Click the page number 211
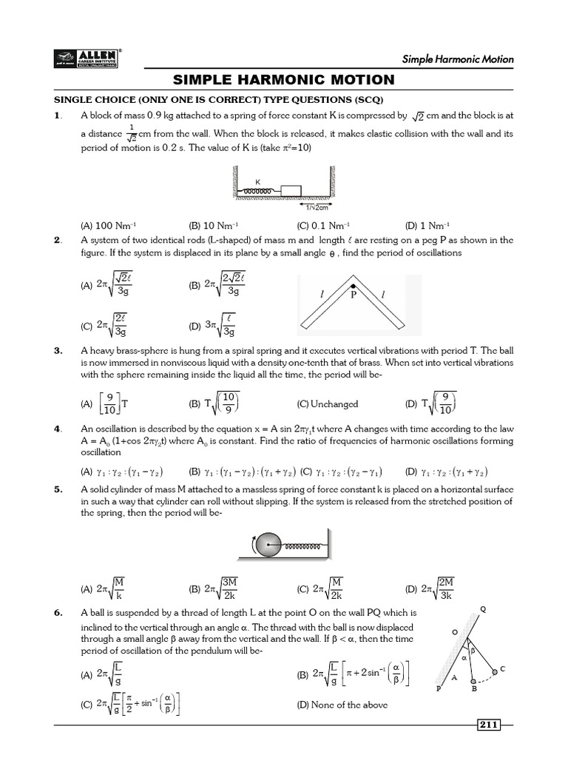click(x=489, y=724)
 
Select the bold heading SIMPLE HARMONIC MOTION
click(x=284, y=80)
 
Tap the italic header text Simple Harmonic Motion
click(x=458, y=59)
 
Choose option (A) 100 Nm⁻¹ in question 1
click(x=108, y=226)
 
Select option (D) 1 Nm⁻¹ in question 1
click(x=427, y=226)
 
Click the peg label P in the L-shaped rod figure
click(x=354, y=293)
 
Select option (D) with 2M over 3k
click(x=433, y=589)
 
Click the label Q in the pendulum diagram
click(x=483, y=609)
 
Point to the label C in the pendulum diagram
click(x=502, y=668)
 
